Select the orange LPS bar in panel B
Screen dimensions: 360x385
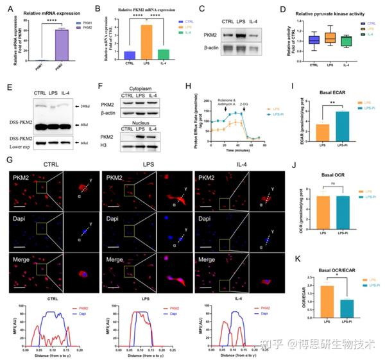(x=146, y=42)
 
